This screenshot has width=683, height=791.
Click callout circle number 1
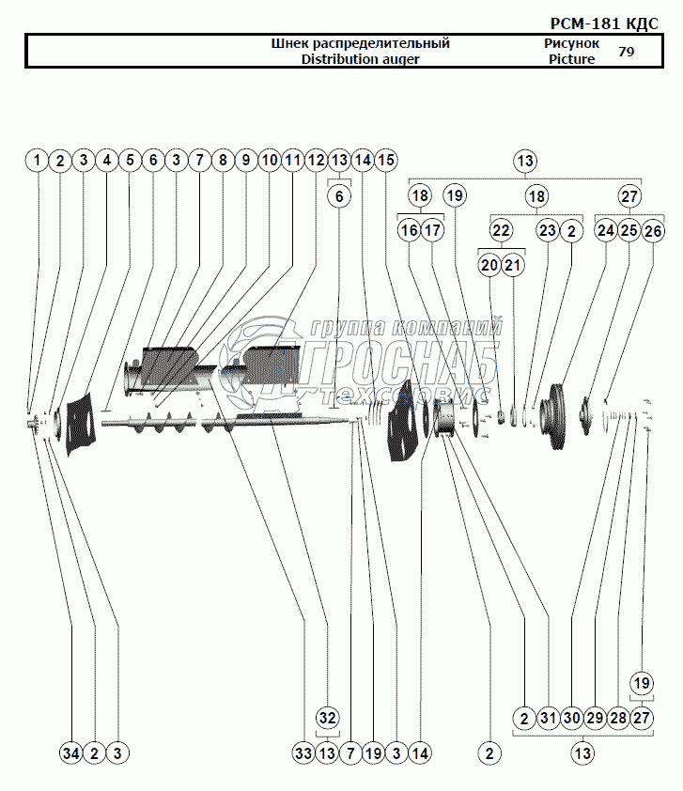click(37, 161)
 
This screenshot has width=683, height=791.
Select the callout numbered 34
click(71, 753)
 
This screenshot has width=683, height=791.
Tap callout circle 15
click(386, 161)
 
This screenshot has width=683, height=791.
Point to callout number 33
click(303, 753)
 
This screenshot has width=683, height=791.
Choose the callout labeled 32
click(327, 718)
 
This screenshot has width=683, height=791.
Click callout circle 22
click(501, 231)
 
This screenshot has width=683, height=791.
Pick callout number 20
click(489, 265)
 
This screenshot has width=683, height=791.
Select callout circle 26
click(653, 231)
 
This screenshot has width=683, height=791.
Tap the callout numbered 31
click(548, 718)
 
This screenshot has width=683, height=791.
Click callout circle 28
click(618, 718)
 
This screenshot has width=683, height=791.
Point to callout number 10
click(270, 161)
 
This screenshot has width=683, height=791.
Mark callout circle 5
click(131, 161)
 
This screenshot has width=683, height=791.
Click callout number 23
click(548, 231)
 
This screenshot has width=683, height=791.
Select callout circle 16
click(409, 231)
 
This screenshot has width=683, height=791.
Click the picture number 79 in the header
click(626, 52)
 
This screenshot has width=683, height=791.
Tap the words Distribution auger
click(360, 59)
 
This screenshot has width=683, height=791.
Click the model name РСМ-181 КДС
click(604, 23)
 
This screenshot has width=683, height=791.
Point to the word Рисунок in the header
click(571, 43)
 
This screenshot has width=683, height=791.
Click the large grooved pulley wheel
click(554, 416)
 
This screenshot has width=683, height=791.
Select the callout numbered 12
click(317, 161)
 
